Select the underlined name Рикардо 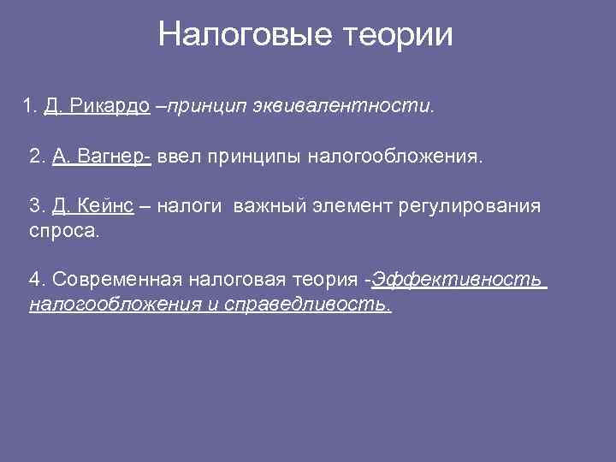pyautogui.click(x=110, y=106)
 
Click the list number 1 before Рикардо pyautogui.click(x=29, y=106)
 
